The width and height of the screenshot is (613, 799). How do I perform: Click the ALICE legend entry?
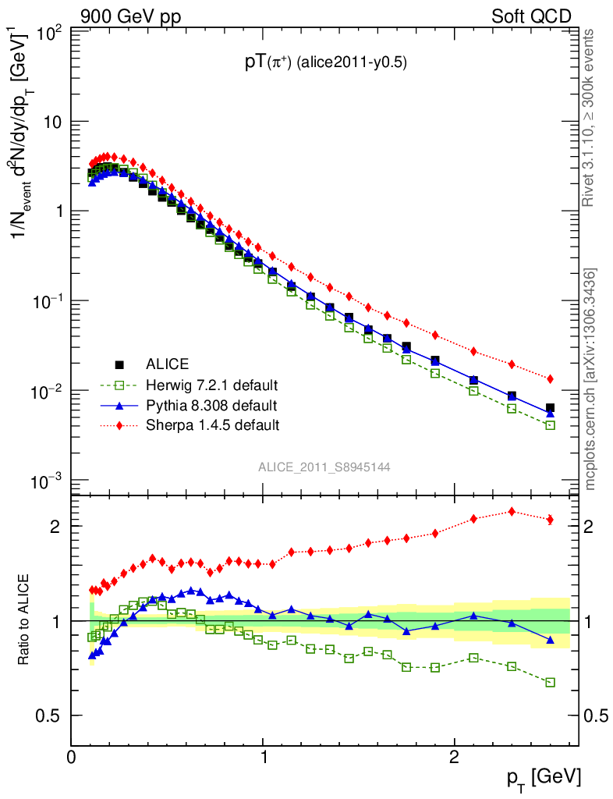click(167, 364)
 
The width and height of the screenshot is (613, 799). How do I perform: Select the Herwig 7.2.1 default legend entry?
click(212, 385)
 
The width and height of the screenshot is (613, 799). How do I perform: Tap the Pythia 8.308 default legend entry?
click(211, 405)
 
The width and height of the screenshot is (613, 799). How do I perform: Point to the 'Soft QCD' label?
click(531, 16)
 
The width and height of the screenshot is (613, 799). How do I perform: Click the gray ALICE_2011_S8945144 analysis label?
click(324, 467)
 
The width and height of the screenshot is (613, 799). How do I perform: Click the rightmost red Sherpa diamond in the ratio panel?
click(551, 520)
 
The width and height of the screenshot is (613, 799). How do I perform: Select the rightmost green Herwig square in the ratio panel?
click(551, 682)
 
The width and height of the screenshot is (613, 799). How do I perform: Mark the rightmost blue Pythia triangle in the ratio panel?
click(551, 640)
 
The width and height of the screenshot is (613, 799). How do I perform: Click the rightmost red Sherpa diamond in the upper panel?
click(551, 378)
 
